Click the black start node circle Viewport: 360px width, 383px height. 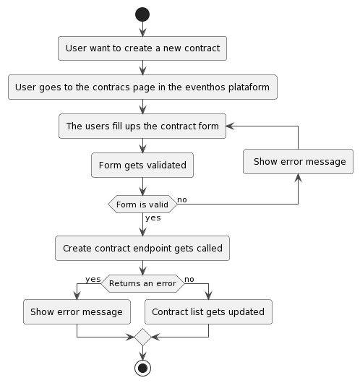coord(142,14)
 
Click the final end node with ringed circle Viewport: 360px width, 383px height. coord(142,368)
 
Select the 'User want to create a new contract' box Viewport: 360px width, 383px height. coord(142,48)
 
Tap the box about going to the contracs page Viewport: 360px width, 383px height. coord(142,87)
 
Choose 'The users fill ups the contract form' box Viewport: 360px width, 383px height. coord(142,126)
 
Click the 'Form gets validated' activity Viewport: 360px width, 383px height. coord(142,165)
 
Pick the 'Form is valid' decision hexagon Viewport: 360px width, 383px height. coord(142,205)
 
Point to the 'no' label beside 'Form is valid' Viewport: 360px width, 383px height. coord(182,199)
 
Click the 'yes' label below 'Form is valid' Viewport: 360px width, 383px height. coord(153,218)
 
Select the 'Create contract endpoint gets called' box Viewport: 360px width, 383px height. coord(142,248)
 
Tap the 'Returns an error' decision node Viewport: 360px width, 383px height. coord(142,283)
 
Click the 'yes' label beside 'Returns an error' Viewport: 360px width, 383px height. coord(93,278)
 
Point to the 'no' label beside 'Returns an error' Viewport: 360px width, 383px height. coord(189,278)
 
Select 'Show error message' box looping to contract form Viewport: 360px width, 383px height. coord(299,161)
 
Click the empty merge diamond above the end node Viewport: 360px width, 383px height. coord(142,336)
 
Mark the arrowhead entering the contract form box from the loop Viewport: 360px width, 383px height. coord(231,126)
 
